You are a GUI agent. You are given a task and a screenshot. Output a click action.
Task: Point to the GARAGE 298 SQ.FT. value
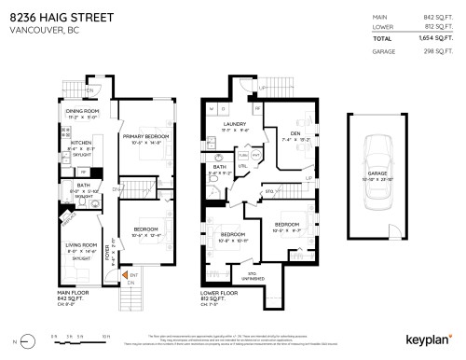pyautogui.click(x=438, y=54)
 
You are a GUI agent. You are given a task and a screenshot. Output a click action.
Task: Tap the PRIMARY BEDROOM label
pyautogui.click(x=144, y=136)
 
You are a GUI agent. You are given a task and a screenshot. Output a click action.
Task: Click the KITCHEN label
pyautogui.click(x=81, y=143)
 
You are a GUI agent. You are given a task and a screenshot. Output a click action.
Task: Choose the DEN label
pyautogui.click(x=295, y=132)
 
